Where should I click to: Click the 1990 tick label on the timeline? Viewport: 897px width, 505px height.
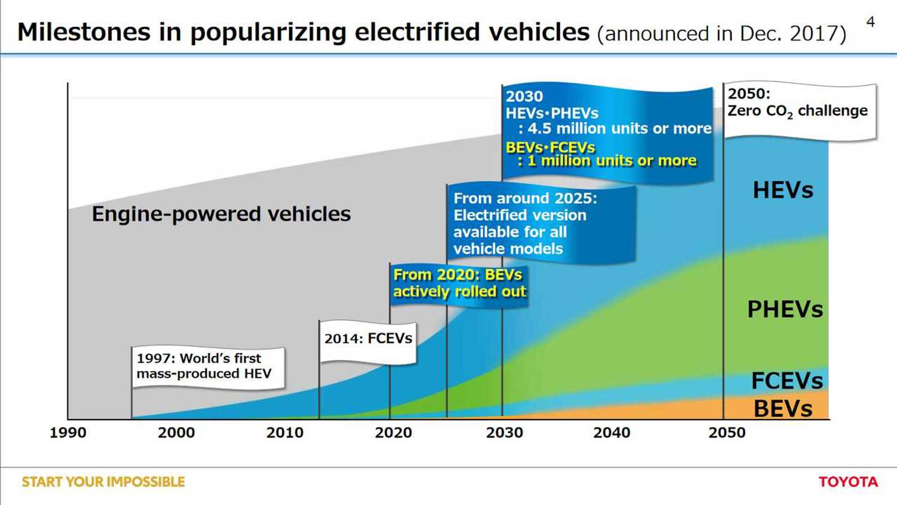point(68,433)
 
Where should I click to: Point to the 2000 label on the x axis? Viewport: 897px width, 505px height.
point(176,433)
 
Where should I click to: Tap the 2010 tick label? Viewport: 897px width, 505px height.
point(285,433)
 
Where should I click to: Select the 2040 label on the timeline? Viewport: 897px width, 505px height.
point(612,433)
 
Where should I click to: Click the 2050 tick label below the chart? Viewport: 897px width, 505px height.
point(727,433)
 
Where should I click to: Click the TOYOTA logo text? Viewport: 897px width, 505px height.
point(848,482)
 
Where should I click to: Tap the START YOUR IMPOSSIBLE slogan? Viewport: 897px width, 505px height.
point(103,482)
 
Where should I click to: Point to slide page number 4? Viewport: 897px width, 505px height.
point(870,22)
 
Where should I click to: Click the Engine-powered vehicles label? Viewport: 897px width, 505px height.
point(221,214)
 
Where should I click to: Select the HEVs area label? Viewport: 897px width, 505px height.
point(783,190)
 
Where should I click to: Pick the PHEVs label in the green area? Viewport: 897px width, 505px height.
point(785,309)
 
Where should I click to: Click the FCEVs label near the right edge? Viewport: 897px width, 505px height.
point(787,381)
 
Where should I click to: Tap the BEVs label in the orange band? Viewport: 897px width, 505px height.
point(783,409)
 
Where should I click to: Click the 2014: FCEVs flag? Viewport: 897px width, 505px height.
point(368,339)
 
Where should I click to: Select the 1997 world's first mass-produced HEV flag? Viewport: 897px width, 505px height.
point(204,366)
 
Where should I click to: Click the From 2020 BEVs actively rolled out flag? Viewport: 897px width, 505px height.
point(459,283)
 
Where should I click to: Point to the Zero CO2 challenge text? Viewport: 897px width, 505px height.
point(797,111)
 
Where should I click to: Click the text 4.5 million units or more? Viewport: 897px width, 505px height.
point(619,129)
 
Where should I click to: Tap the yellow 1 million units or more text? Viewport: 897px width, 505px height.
point(612,161)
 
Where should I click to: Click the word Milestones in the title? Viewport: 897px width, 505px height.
point(84,32)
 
